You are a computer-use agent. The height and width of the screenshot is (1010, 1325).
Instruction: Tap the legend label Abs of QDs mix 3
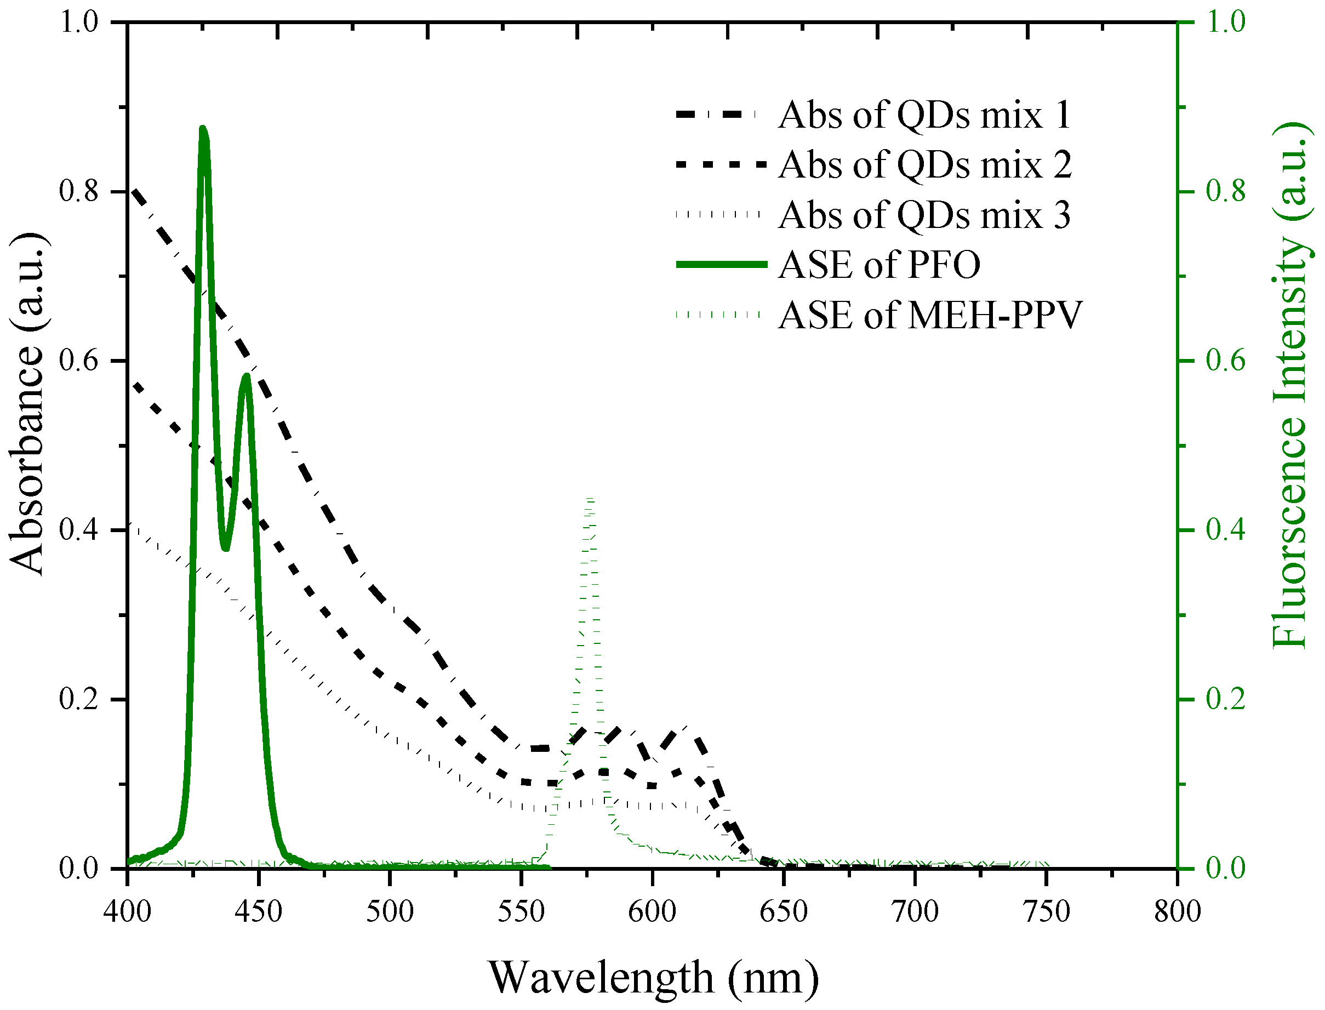[924, 215]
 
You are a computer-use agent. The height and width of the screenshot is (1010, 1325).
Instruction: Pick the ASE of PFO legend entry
[879, 265]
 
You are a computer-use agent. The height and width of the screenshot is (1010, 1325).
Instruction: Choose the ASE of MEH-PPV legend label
[930, 315]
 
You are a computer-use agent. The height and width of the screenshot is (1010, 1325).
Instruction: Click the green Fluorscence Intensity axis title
[1289, 385]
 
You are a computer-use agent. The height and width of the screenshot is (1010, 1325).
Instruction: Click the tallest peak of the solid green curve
[203, 128]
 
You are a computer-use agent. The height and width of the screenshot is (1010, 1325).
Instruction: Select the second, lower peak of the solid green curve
[245, 376]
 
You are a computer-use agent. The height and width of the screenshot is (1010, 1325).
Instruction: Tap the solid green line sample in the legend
[722, 265]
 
